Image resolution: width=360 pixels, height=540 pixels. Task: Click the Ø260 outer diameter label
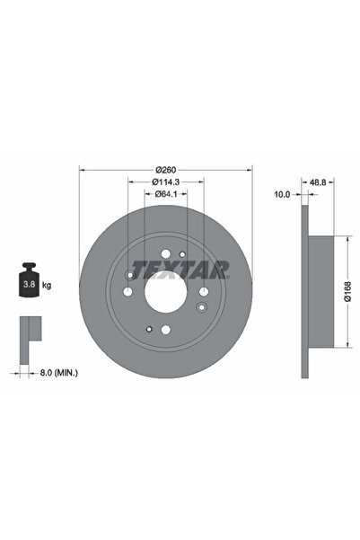pyautogui.click(x=164, y=170)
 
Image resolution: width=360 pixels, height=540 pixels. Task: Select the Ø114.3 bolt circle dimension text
pyautogui.click(x=164, y=182)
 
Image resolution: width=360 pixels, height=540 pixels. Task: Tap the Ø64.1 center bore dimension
pyautogui.click(x=164, y=194)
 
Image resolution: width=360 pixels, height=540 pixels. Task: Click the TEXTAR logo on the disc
pyautogui.click(x=180, y=269)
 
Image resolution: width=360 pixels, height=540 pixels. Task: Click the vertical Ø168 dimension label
pyautogui.click(x=348, y=289)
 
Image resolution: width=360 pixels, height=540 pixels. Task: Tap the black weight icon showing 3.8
pyautogui.click(x=28, y=282)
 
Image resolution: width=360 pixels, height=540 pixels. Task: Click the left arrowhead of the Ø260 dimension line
pyautogui.click(x=83, y=170)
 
